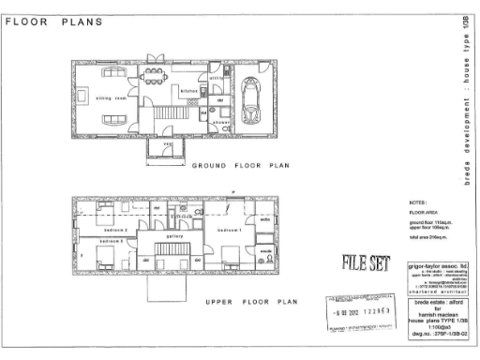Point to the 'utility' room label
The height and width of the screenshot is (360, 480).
click(x=215, y=79)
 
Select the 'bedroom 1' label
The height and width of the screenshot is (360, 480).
click(x=231, y=230)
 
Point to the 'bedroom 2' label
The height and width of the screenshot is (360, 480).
click(x=114, y=229)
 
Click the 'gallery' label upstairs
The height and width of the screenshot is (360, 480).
click(x=173, y=236)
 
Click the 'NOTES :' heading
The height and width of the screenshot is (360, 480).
click(x=417, y=202)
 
